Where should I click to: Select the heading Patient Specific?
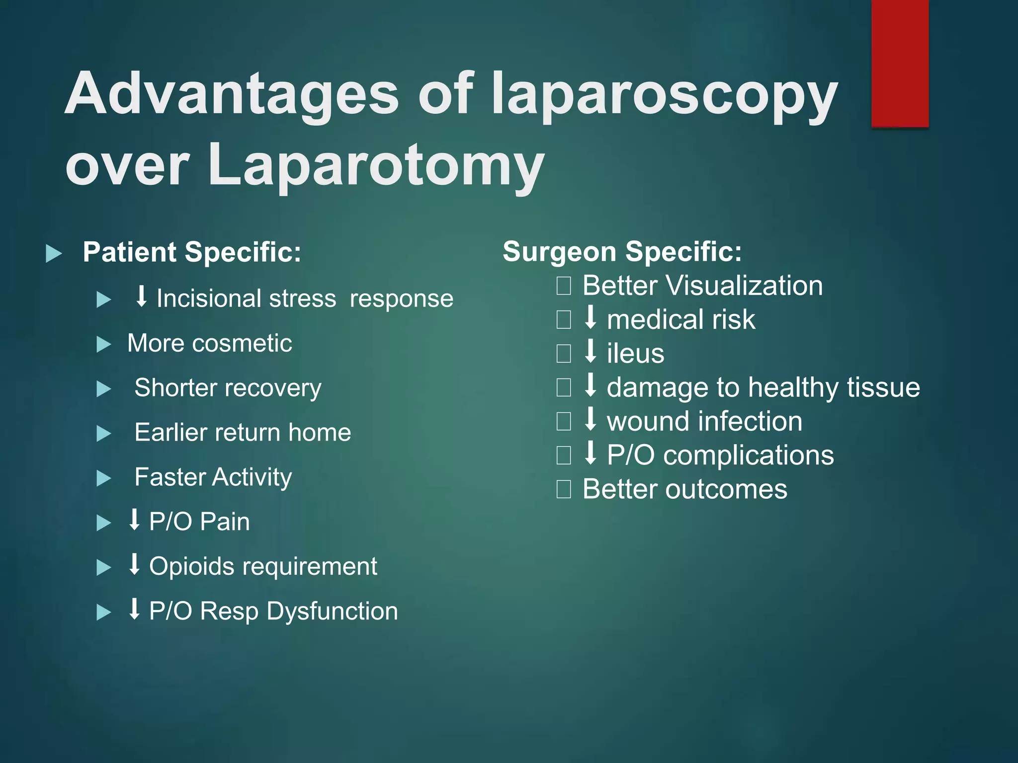coord(192,252)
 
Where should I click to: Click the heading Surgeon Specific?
coord(622,251)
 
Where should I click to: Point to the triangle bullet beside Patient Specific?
coord(54,253)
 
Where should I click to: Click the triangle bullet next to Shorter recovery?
coord(104,389)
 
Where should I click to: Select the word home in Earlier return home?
coord(320,433)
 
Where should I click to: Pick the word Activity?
coord(252,477)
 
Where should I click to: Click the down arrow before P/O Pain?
coord(134,520)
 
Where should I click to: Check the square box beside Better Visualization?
coord(564,286)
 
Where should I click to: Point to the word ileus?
coord(635,354)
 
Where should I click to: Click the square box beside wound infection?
coord(564,421)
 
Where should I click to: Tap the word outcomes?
coord(726,489)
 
